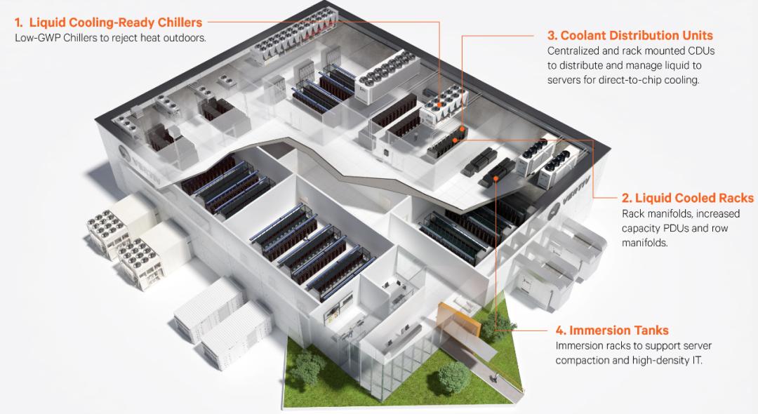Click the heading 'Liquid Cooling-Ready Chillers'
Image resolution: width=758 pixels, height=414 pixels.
[115, 22]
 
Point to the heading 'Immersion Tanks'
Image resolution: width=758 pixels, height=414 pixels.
[618, 330]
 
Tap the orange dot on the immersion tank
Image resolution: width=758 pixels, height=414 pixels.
[496, 178]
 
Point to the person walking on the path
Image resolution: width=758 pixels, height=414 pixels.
[496, 379]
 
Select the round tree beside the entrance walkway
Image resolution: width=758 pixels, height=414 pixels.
[453, 375]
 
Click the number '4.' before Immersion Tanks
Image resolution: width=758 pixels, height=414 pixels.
[561, 330]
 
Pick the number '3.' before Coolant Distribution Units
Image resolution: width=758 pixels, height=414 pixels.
[552, 36]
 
